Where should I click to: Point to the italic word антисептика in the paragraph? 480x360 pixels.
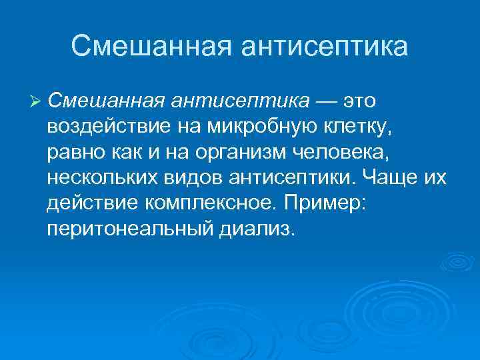point(241,101)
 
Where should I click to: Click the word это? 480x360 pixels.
point(360,101)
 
